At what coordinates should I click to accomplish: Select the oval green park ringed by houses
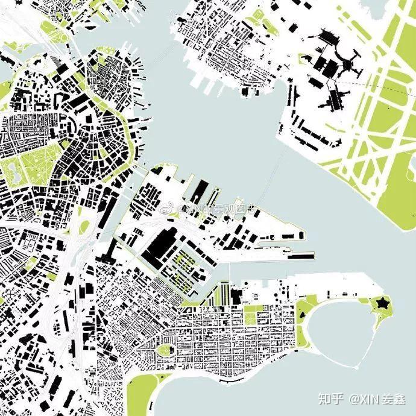pyautogui.click(x=163, y=349)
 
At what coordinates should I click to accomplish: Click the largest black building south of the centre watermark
pyautogui.click(x=160, y=244)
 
